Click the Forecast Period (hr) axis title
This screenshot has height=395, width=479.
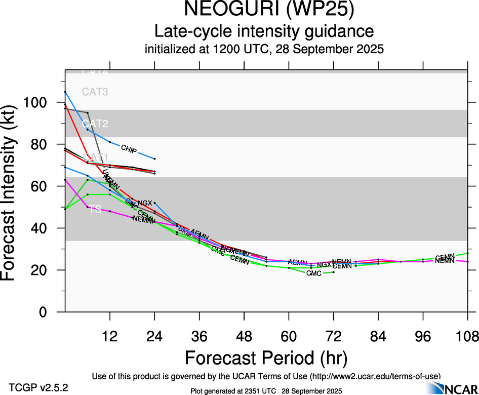pyautogui.click(x=266, y=358)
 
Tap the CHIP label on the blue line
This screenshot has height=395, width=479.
pyautogui.click(x=129, y=148)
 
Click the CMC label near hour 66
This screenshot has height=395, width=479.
pyautogui.click(x=314, y=273)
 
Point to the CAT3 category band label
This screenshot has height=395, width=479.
pyautogui.click(x=95, y=92)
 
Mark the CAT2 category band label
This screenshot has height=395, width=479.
pyautogui.click(x=95, y=124)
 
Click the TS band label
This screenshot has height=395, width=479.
pyautogui.click(x=95, y=209)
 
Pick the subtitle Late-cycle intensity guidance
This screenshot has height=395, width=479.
pyautogui.click(x=264, y=31)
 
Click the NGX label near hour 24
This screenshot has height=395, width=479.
pyautogui.click(x=145, y=203)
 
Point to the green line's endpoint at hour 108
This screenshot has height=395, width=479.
pyautogui.click(x=467, y=253)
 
